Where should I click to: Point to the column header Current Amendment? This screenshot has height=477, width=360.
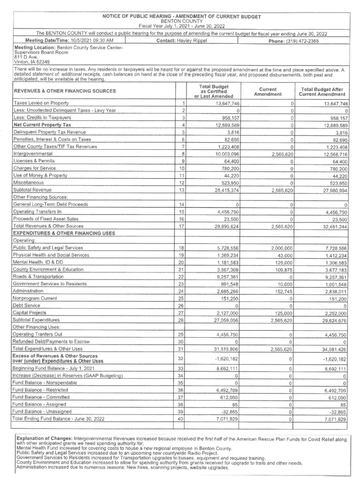coord(268,91)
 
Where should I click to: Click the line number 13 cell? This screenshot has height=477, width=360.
coord(183,191)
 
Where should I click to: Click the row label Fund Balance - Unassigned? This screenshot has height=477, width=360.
coord(42,412)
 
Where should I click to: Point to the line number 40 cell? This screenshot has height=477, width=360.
coord(183,420)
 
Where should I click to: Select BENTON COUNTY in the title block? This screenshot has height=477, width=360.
coord(181,21)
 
